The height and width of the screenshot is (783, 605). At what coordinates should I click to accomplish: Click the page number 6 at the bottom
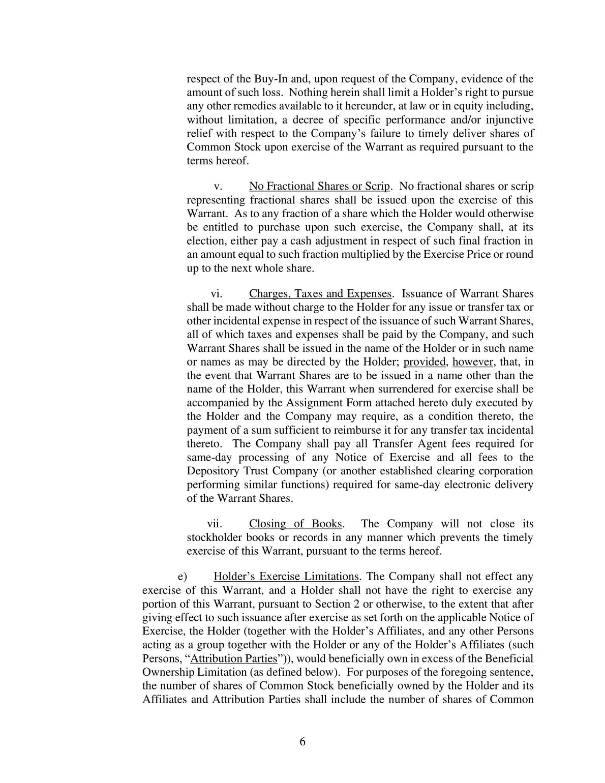(302, 741)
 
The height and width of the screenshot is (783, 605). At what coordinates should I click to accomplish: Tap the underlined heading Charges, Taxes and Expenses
(320, 294)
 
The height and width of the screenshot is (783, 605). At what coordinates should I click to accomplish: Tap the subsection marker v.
(219, 187)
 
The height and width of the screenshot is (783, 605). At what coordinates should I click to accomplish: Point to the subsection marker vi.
(217, 294)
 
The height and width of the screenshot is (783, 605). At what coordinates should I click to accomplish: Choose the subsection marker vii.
(215, 524)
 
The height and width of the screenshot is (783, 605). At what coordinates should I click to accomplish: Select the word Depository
(212, 471)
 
